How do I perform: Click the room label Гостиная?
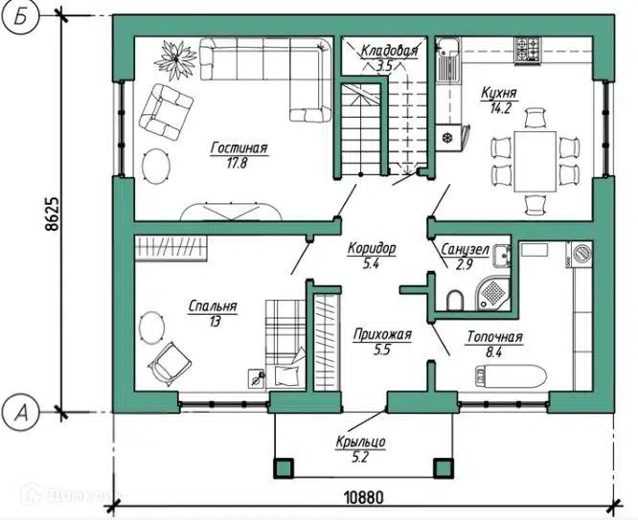tap(239, 147)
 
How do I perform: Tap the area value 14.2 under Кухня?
tap(500, 108)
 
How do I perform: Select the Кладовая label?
tap(389, 51)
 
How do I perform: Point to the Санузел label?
tap(465, 249)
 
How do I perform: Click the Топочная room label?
tap(494, 337)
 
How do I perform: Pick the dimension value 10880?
tap(364, 497)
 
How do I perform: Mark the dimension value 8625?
tap(52, 215)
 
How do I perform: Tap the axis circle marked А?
tap(21, 412)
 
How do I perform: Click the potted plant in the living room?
tap(175, 59)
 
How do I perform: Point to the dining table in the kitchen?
tap(535, 161)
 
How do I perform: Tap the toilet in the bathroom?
tap(455, 301)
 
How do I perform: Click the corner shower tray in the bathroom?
tap(493, 293)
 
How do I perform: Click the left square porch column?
tap(283, 468)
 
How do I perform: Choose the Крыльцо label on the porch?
tap(360, 441)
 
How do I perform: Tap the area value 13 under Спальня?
tap(215, 322)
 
